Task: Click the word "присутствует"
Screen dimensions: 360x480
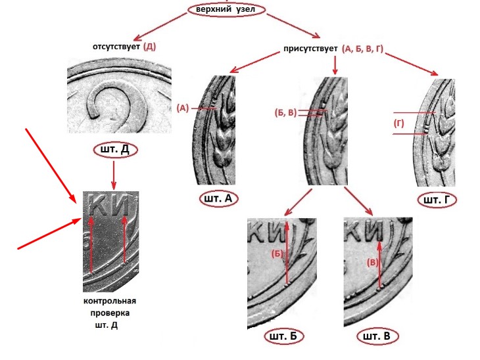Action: (310, 48)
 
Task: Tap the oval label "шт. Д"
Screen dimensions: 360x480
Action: (114, 150)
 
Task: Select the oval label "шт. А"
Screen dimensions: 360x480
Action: (217, 198)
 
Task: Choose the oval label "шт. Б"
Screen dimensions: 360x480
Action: (283, 337)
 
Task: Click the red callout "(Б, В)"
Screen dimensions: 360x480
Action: (283, 112)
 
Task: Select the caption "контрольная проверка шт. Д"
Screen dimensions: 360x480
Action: (110, 313)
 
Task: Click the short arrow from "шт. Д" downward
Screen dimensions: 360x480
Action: (114, 174)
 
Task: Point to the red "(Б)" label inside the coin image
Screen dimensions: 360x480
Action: (277, 254)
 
